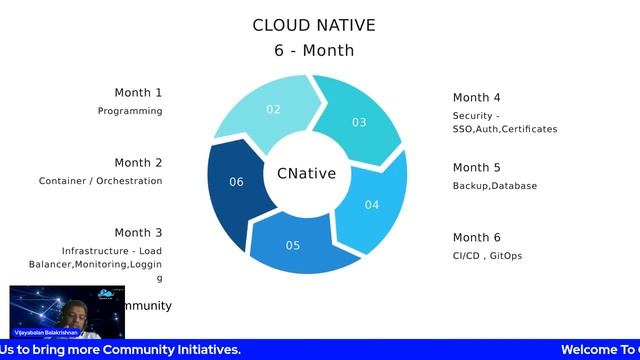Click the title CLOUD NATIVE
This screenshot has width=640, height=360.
pyautogui.click(x=314, y=25)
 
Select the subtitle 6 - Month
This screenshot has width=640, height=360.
pyautogui.click(x=314, y=50)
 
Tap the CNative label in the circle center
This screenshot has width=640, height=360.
pyautogui.click(x=306, y=174)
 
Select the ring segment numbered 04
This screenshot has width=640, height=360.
pyautogui.click(x=372, y=205)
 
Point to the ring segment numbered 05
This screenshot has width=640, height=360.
pyautogui.click(x=293, y=245)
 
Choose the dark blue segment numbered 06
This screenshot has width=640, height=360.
pyautogui.click(x=236, y=182)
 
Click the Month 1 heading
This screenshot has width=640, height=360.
pyautogui.click(x=138, y=93)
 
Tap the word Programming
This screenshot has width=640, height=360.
pyautogui.click(x=130, y=111)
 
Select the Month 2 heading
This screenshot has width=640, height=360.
pyautogui.click(x=138, y=163)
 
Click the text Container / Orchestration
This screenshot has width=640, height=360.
pyautogui.click(x=100, y=181)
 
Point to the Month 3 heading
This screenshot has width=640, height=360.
pyautogui.click(x=138, y=233)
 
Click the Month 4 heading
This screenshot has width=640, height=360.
pyautogui.click(x=477, y=98)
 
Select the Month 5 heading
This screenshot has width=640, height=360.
pyautogui.click(x=477, y=168)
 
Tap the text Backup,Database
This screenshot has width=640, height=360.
pyautogui.click(x=495, y=186)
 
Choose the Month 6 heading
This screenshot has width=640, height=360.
pyautogui.click(x=477, y=238)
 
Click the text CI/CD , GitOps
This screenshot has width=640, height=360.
pyautogui.click(x=487, y=256)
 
